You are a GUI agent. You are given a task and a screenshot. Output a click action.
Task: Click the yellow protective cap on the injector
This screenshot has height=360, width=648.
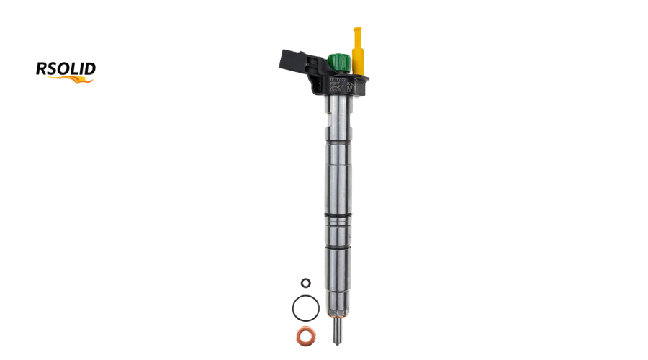[357, 55]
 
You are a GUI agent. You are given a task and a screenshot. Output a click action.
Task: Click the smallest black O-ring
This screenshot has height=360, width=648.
[305, 283]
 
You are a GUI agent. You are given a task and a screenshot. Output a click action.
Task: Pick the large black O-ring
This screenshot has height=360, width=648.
[305, 308]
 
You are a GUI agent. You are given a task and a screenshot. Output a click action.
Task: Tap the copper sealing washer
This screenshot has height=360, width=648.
[305, 335]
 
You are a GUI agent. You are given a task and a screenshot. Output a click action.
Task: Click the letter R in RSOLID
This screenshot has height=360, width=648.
[42, 69]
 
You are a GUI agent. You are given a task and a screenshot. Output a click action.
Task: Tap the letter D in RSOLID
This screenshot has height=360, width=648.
[89, 69]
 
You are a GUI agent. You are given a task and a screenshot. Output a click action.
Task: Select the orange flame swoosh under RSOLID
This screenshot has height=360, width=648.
[72, 79]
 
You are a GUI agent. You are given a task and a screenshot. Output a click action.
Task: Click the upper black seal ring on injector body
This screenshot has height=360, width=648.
[338, 215]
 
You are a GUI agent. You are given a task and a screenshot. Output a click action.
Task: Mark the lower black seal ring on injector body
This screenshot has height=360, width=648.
[338, 246]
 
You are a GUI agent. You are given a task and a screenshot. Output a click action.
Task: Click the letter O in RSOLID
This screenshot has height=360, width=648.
[63, 69]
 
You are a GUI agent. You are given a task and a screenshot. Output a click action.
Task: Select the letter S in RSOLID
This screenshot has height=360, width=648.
[53, 69]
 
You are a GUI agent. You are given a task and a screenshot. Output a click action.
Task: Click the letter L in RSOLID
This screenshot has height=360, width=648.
[73, 69]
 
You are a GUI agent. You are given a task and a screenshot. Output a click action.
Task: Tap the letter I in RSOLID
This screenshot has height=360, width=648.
[80, 69]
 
